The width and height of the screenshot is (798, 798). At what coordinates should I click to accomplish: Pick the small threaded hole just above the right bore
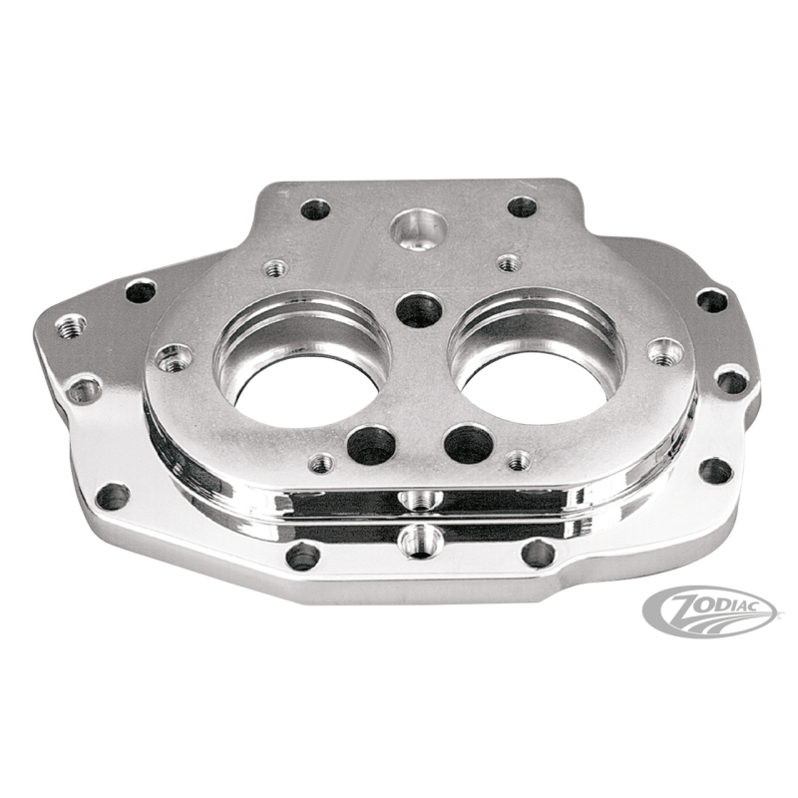[509, 262]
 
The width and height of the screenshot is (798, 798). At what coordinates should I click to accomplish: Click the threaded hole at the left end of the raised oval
[176, 353]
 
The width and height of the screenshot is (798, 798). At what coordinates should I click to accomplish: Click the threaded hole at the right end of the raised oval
[659, 351]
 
